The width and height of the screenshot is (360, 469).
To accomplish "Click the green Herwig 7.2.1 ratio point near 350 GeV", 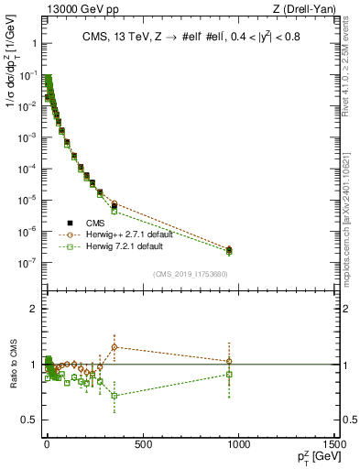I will point(114,396).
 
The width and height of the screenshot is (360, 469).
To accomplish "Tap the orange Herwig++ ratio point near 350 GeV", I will point(114,346).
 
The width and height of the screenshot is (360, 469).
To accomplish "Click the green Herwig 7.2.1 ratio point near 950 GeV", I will point(229,374).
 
